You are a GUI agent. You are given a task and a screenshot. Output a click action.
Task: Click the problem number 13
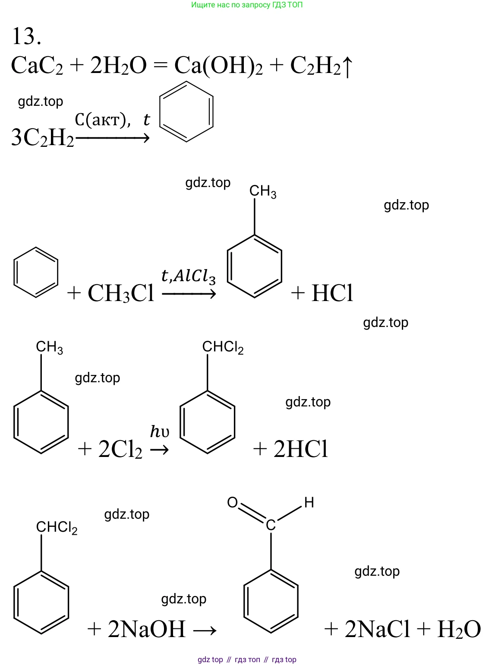coord(27,36)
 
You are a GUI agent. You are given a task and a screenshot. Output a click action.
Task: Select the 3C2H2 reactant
coord(42,138)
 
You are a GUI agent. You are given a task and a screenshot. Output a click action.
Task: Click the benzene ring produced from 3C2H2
coord(186,111)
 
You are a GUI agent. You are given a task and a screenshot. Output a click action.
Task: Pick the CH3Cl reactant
coord(121,293)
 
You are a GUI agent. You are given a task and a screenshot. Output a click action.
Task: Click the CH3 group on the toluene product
coord(263,191)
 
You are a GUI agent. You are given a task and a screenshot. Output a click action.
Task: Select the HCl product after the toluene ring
coord(332,293)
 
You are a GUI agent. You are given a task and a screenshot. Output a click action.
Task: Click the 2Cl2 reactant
coord(120,450)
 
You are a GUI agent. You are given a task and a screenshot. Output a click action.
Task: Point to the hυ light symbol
coord(159,431)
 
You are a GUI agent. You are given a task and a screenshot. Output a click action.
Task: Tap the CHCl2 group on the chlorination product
coord(223,347)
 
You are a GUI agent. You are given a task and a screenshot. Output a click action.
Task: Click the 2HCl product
coord(301,449)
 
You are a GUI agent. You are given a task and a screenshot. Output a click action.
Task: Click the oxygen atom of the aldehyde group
coord(232,502)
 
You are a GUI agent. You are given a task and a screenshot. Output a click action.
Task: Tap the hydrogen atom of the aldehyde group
coord(309,502)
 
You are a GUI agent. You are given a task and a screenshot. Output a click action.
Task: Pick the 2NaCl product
coord(377,629)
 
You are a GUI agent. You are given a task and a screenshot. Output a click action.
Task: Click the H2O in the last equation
coord(458,629)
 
